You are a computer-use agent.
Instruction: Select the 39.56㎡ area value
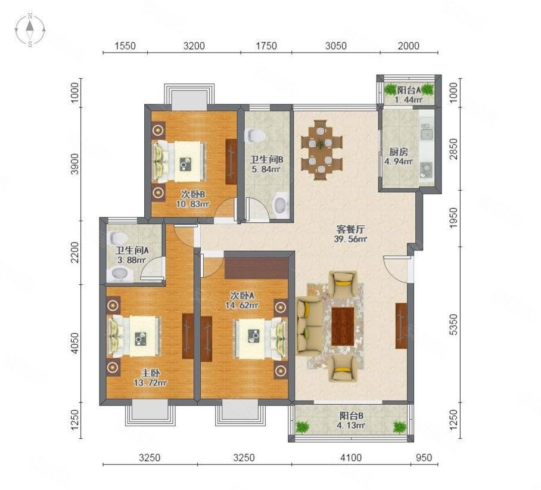coord(351,240)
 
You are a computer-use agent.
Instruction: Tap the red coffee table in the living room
coord(343,325)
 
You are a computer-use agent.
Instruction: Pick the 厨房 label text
coord(390,151)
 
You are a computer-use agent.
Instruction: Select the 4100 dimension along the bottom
coord(351,458)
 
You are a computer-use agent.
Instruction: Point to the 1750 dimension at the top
coord(266,45)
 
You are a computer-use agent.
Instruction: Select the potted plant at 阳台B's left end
coord(303,427)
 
